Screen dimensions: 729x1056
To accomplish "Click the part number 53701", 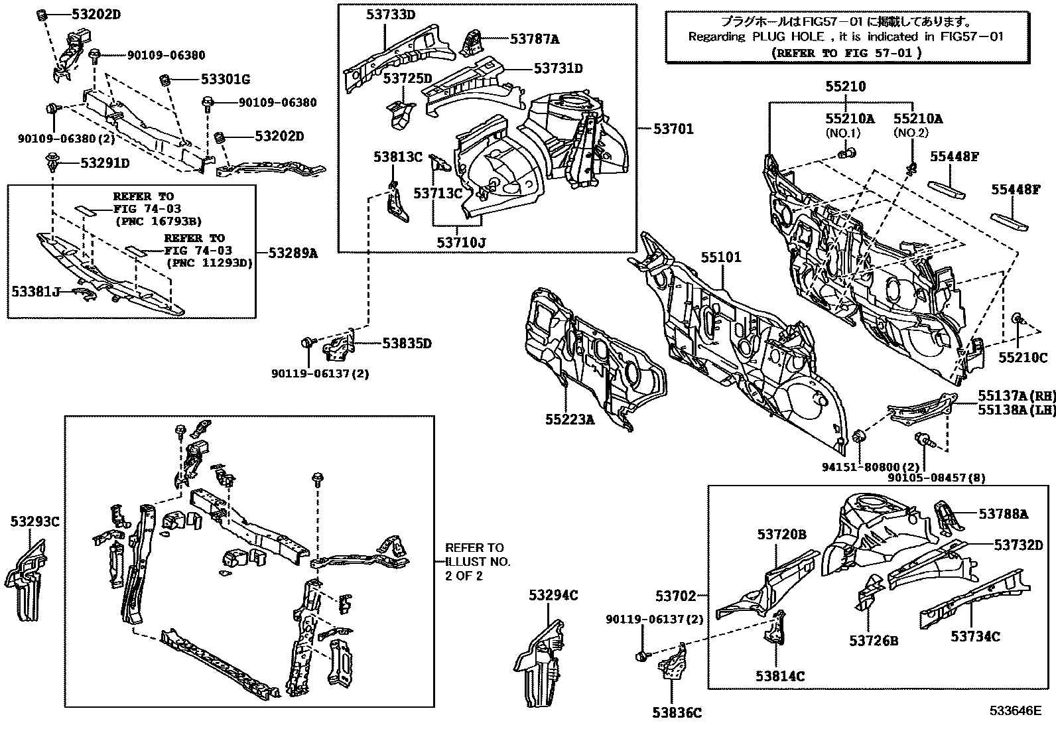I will tap(673, 129).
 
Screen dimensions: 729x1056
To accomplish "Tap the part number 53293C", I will tap(34, 522).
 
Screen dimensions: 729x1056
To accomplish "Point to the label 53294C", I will tap(553, 596).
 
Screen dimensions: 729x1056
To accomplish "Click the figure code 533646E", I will tap(1016, 711).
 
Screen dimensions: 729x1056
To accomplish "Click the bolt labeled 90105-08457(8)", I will tap(921, 438).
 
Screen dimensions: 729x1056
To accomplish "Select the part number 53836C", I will tap(677, 713).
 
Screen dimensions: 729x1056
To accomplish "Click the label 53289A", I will tap(293, 253).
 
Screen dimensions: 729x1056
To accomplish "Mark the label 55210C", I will tap(1023, 358).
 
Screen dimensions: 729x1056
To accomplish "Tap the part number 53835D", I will tap(407, 343).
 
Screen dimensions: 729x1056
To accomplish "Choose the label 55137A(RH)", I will tap(1016, 396).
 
